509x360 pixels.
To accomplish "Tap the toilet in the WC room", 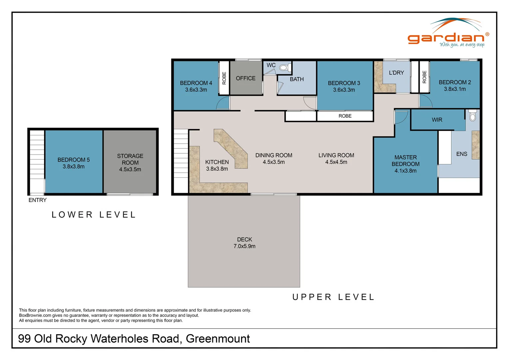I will click(283, 68).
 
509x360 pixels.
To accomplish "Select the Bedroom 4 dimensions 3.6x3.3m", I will click(196, 90).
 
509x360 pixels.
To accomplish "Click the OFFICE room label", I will click(246, 78).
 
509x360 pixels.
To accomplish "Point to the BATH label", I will click(296, 79).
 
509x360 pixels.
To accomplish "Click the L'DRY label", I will click(396, 73).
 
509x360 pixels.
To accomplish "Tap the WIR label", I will click(437, 120).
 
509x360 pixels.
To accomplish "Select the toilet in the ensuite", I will click(472, 116).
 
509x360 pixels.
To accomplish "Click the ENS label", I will click(461, 154).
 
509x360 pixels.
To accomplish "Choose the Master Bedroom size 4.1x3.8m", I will click(405, 171).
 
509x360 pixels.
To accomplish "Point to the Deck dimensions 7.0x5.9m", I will click(244, 246).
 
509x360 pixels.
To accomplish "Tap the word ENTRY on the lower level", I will click(37, 200).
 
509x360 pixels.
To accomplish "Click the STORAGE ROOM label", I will click(130, 159).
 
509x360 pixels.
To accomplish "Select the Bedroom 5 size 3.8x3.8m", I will click(73, 167).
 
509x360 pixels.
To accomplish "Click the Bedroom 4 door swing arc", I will click(223, 103).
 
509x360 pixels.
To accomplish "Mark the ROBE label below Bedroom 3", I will click(345, 116).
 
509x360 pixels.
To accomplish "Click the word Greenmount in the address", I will click(218, 339).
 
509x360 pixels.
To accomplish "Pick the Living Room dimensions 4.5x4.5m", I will click(336, 162).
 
